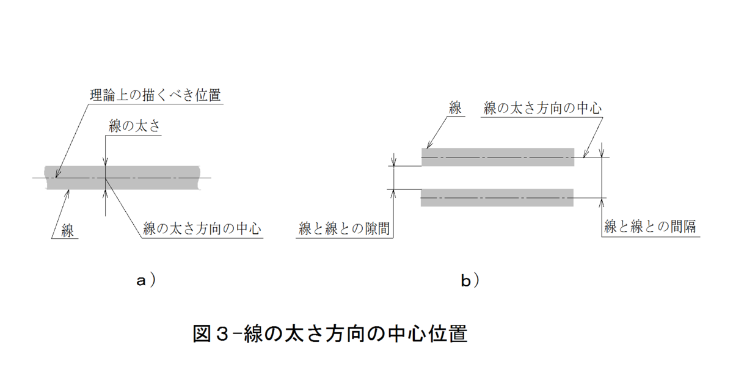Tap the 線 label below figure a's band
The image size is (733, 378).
pos(67,230)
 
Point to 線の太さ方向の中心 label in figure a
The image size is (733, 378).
pos(202,230)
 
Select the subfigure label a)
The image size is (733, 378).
pos(145,281)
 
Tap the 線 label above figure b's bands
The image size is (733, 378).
pos(454,109)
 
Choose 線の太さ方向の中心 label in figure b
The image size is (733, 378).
pos(542,109)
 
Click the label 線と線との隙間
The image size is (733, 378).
pos(344,230)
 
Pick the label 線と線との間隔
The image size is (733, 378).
pos(651,227)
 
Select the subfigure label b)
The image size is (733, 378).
pos(469,281)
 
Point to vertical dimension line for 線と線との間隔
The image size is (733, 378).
pos(603,178)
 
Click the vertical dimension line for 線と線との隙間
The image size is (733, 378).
pos(395,177)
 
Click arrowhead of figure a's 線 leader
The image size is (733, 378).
pos(68,192)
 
